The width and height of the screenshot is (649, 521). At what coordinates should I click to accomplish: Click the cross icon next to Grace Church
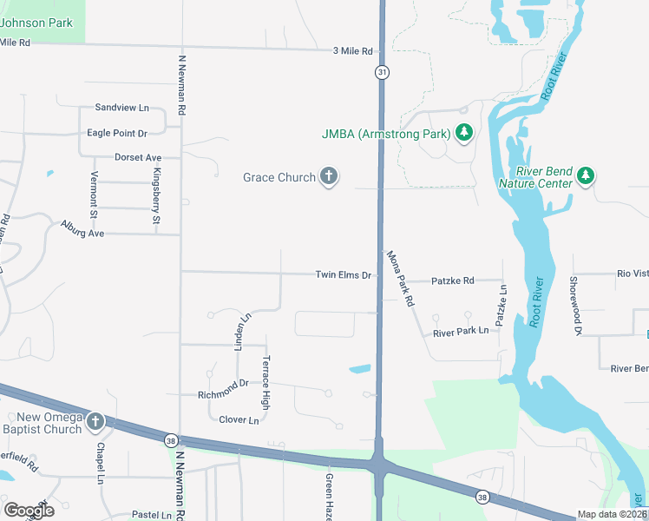(328, 177)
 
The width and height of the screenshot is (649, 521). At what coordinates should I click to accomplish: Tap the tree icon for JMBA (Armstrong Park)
(464, 133)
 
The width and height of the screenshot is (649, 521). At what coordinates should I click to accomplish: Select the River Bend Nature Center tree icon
(586, 176)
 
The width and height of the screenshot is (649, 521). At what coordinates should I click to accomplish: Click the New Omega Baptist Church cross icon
(95, 423)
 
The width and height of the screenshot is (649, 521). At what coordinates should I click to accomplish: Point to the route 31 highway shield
(381, 72)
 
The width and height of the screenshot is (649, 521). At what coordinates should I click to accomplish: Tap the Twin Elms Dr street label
(343, 274)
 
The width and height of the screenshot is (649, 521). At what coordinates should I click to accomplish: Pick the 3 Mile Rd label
(352, 51)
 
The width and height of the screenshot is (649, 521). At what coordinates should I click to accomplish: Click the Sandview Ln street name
(121, 108)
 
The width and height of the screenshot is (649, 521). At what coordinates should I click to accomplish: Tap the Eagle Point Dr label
(117, 133)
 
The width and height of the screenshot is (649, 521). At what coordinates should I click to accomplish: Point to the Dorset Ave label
(138, 157)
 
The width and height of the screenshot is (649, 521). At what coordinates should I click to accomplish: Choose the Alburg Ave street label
(82, 229)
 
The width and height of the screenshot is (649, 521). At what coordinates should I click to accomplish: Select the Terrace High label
(266, 382)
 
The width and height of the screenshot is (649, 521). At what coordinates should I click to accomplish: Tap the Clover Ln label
(239, 420)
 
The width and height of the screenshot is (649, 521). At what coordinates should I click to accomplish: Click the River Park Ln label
(461, 332)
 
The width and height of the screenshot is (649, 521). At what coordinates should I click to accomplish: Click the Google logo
(29, 511)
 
